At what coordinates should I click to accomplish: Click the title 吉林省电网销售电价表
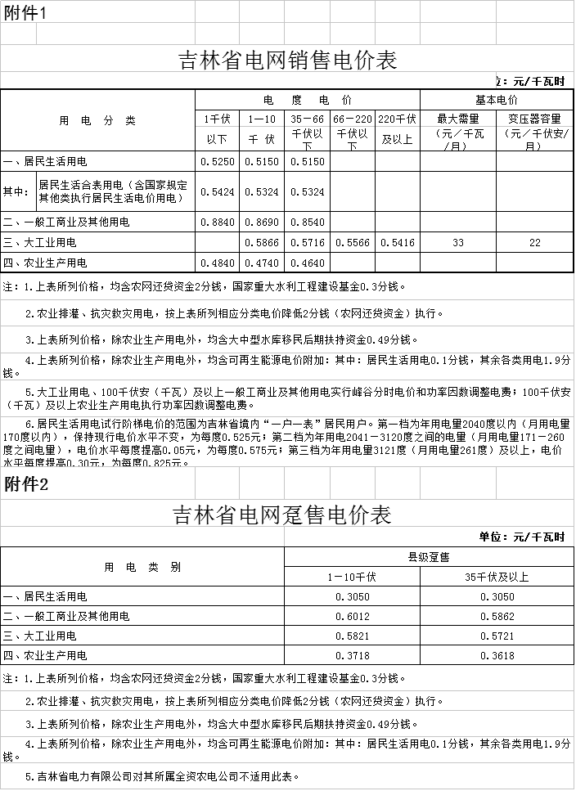tap(287, 61)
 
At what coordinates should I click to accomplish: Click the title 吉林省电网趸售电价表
tap(282, 515)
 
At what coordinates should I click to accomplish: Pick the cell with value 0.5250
tap(217, 161)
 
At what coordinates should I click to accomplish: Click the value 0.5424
tap(217, 192)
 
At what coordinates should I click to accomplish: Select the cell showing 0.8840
tap(217, 222)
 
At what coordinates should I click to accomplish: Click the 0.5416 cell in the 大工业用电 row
tap(398, 243)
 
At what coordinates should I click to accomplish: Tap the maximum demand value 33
tap(457, 243)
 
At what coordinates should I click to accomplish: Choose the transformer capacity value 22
tap(534, 243)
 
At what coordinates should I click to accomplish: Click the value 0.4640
tap(308, 263)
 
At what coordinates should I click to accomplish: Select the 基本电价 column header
tap(496, 100)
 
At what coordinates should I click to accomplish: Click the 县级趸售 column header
tap(429, 557)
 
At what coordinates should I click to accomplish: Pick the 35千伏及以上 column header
tap(497, 577)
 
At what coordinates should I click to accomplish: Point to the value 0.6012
tap(352, 616)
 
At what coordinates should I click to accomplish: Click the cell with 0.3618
tap(497, 655)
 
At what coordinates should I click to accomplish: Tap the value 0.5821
tap(352, 636)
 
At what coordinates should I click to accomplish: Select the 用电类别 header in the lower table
tap(142, 567)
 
